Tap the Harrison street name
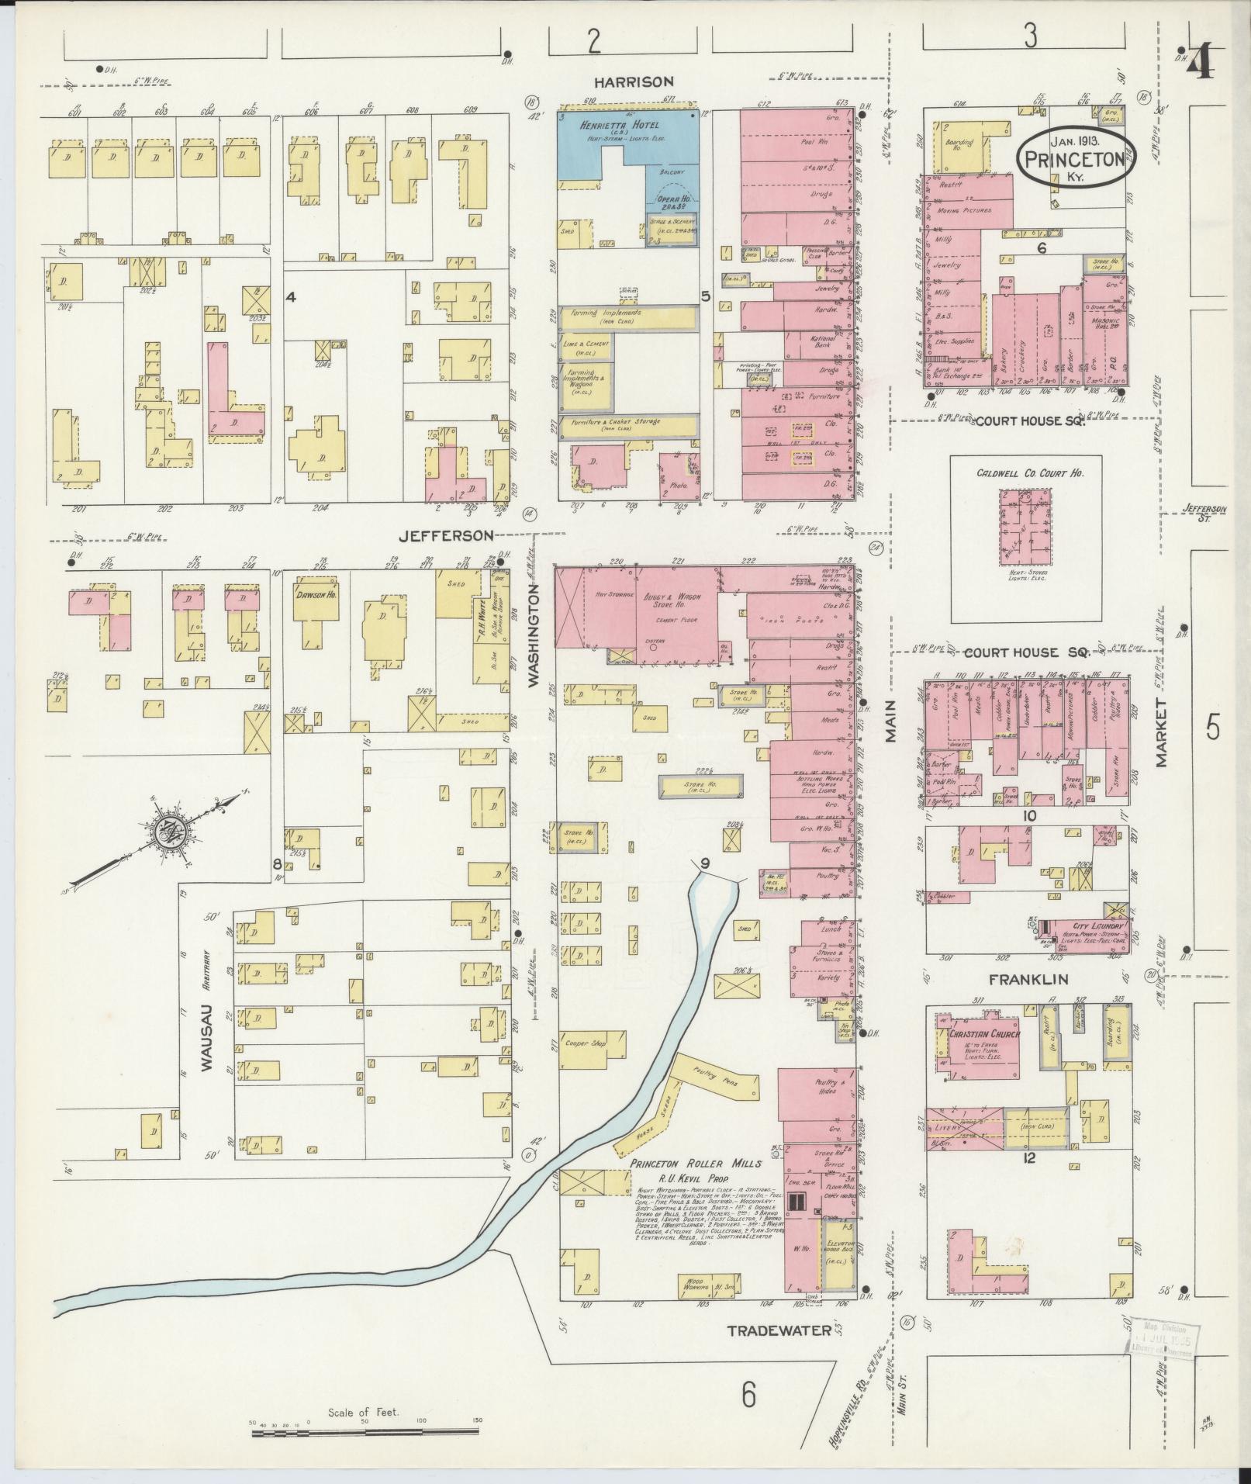(x=634, y=81)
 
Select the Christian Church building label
(x=983, y=1034)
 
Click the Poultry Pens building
(x=713, y=1078)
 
